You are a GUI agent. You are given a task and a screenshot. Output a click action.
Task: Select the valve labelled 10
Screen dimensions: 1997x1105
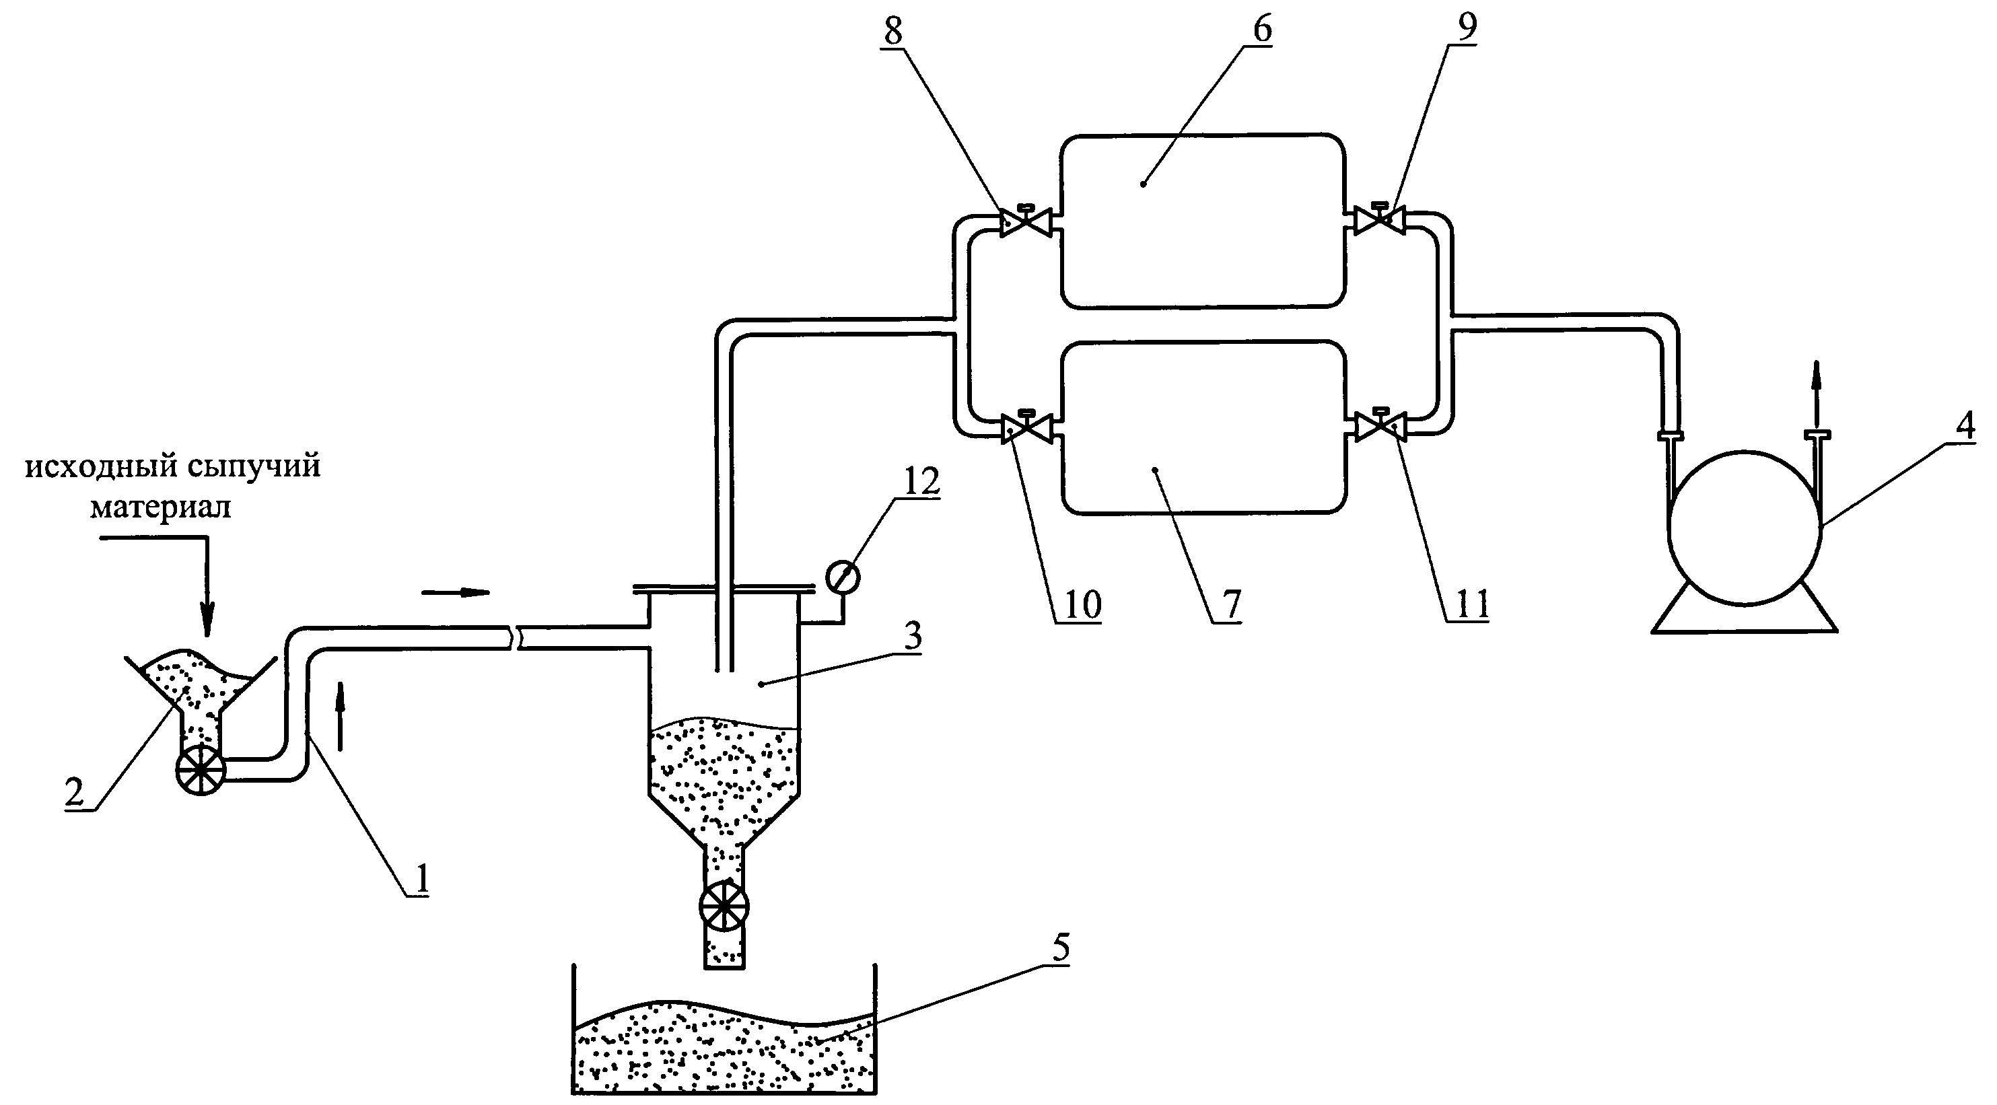[x=1026, y=429]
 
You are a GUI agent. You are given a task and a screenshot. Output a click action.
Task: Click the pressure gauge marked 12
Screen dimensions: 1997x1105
[x=843, y=577]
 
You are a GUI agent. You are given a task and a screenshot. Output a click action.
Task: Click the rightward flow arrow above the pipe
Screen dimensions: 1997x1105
[x=456, y=592]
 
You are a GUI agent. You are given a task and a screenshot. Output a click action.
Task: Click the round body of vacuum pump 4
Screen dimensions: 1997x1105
[x=1745, y=528]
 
